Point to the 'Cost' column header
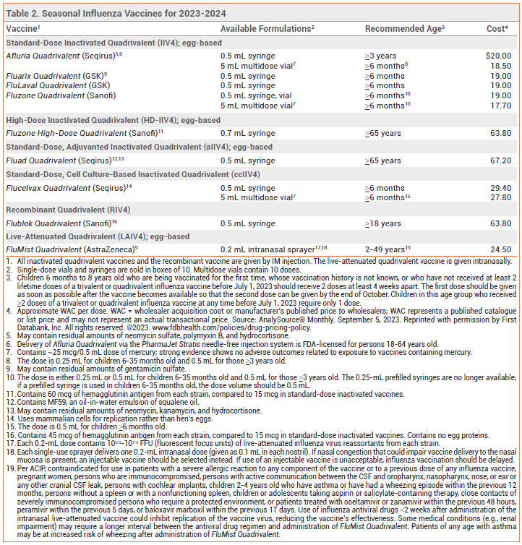[496, 28]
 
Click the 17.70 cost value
[501, 105]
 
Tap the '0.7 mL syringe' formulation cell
[247, 133]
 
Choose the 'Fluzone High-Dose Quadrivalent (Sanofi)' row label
[84, 133]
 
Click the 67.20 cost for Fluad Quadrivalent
[501, 160]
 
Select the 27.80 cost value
[501, 197]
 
